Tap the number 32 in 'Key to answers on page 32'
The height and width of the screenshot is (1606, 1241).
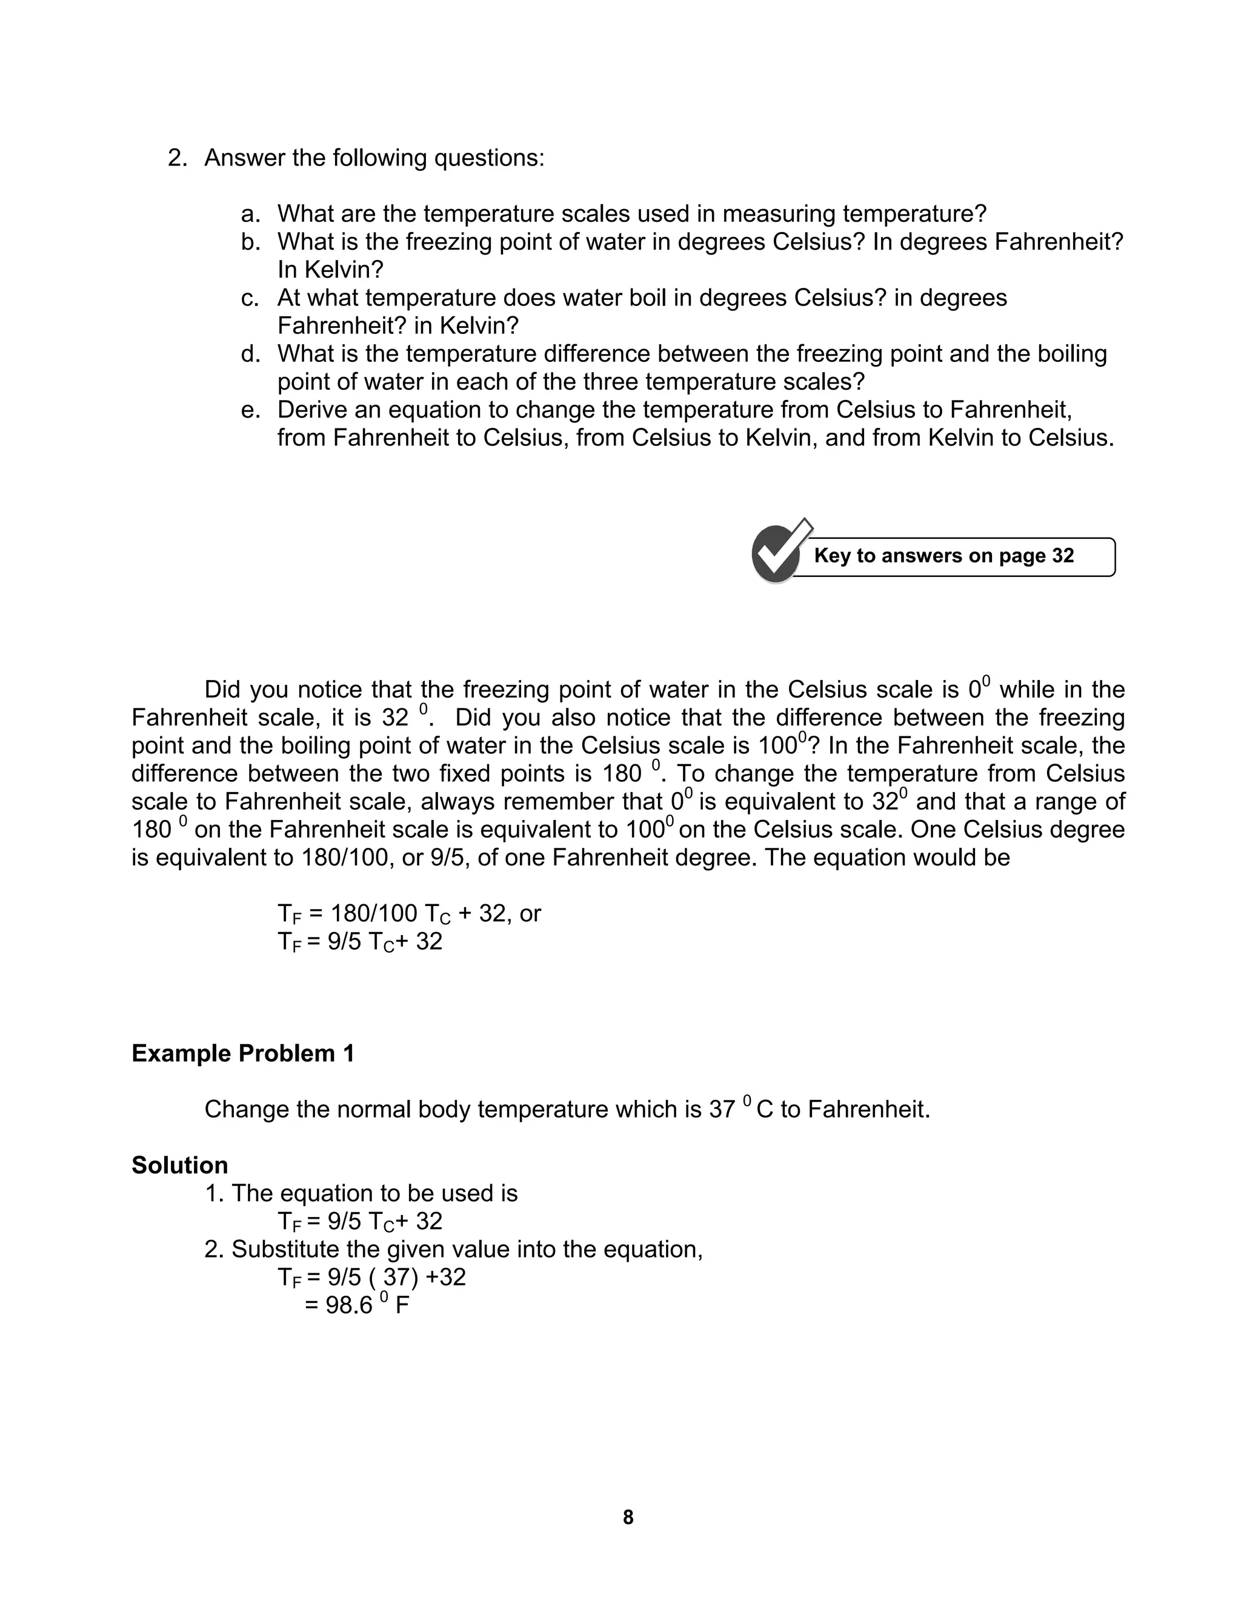1062,556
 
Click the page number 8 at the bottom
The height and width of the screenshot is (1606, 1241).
628,1517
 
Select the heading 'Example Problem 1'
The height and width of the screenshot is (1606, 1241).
242,1054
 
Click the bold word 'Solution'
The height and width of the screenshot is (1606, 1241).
179,1165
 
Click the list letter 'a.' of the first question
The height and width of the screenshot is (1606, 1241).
251,215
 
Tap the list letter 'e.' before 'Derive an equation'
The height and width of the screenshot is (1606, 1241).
251,410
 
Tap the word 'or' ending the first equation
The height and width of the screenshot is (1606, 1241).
530,914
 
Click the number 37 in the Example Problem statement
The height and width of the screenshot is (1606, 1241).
722,1110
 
